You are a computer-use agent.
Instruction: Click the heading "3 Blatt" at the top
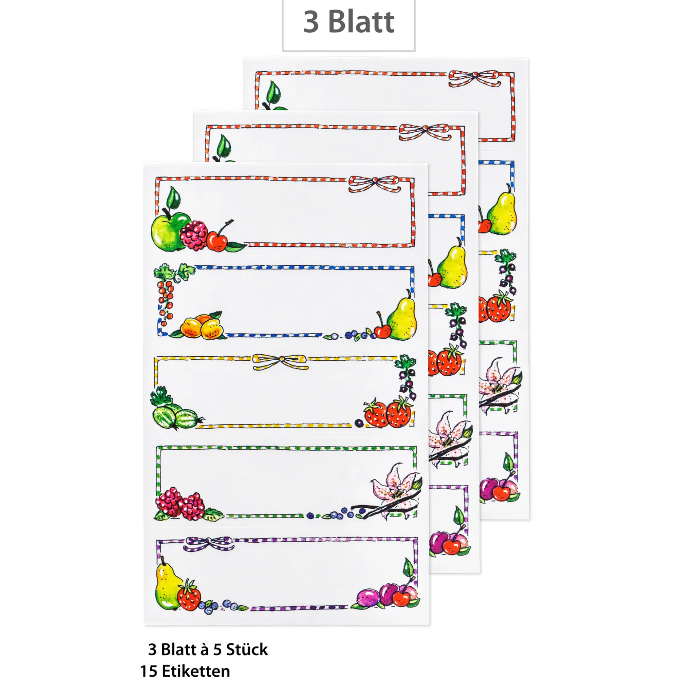click(348, 22)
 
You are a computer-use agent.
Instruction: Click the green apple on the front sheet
click(166, 231)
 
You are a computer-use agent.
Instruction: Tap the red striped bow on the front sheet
click(374, 183)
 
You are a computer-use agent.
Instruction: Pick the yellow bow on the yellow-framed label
click(280, 362)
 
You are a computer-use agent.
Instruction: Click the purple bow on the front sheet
click(209, 544)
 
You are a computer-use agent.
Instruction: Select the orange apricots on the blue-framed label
click(202, 326)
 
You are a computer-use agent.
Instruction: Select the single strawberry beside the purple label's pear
click(189, 596)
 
